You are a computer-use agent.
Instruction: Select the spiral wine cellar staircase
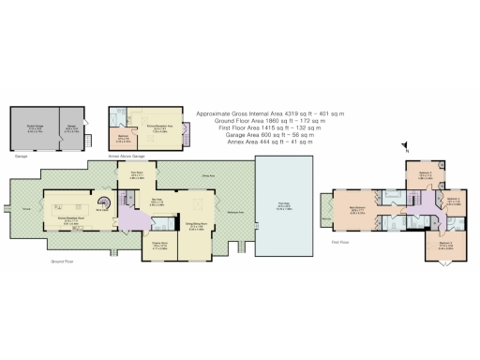point(107,203)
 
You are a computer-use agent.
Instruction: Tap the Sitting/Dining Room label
point(197,225)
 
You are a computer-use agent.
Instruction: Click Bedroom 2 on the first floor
point(426,174)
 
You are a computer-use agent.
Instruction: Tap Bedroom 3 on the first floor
point(451,200)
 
